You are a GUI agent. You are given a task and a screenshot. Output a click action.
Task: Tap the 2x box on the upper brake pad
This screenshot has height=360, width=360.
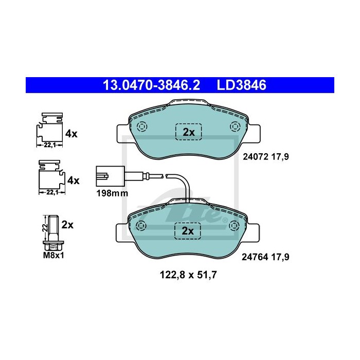[x=189, y=132]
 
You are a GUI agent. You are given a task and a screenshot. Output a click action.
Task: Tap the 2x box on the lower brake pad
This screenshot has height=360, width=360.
[x=189, y=231]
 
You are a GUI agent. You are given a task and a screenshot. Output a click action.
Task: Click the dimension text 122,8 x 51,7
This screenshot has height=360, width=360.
[x=187, y=275]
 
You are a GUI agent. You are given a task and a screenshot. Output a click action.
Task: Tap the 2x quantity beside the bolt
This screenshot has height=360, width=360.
[x=68, y=225]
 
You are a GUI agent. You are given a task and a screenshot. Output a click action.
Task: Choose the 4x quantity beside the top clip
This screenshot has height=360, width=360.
[x=71, y=134]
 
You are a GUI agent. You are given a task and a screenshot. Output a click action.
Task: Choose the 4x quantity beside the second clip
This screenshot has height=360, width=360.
[x=74, y=181]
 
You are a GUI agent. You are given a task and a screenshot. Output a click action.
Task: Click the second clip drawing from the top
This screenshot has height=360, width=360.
[x=49, y=175]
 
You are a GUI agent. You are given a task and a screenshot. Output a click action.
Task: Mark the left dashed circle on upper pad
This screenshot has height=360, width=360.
[x=141, y=127]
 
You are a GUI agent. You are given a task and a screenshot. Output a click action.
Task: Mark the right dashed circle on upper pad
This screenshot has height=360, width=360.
[x=236, y=127]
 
